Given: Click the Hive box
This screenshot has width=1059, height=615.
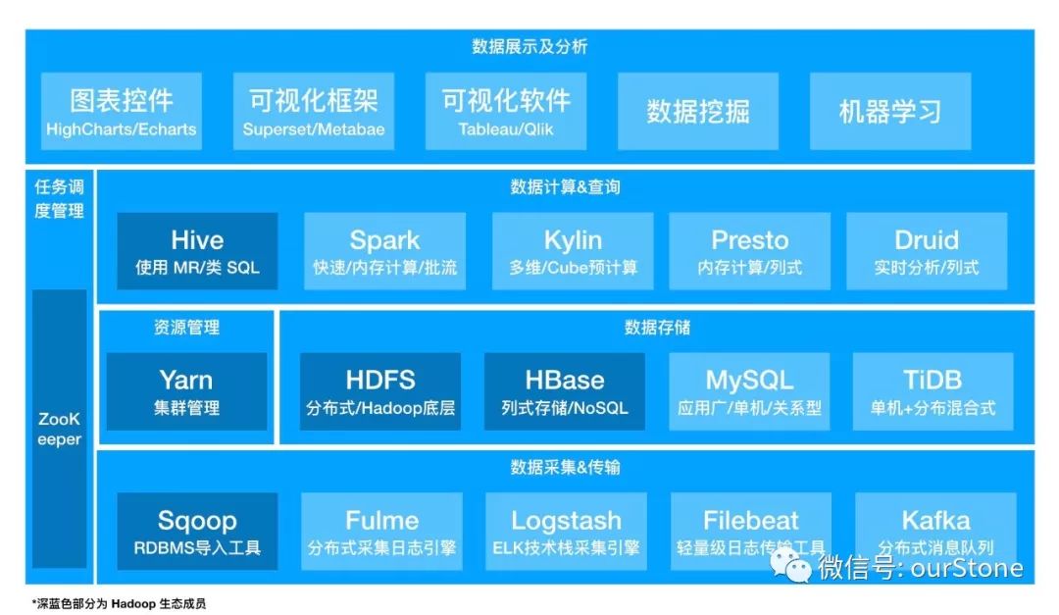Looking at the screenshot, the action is pos(197,251).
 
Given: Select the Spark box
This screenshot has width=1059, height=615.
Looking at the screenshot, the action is pos(385,251).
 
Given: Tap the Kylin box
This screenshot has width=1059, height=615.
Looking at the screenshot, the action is pos(573,251).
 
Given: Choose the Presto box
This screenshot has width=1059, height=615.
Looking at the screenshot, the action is pos(750,251).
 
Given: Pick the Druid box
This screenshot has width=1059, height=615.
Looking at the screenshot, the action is pos(927,251).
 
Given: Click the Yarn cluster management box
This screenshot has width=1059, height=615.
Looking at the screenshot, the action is pos(186,391).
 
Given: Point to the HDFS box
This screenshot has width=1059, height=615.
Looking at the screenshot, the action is pos(380,391).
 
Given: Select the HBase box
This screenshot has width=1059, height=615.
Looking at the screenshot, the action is pos(565,391).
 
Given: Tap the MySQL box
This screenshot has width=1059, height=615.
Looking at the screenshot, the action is pos(750,391).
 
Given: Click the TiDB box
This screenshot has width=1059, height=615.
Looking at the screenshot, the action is pos(933,391).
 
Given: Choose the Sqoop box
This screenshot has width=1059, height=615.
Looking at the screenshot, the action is pos(197,532).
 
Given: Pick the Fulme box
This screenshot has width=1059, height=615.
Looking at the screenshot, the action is pos(381,532).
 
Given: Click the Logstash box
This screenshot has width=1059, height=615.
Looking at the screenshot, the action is pos(566,532).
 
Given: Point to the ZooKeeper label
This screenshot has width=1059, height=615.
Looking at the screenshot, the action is pos(60,430).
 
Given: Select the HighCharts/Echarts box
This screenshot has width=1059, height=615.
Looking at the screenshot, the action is pos(122,111).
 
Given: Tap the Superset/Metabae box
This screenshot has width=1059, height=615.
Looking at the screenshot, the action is pos(314,111).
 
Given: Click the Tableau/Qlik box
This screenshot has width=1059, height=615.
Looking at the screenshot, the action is pos(506,111).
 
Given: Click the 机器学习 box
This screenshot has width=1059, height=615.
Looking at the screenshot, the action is pos(890,111).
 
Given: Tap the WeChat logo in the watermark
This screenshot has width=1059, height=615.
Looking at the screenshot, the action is pos(791,565).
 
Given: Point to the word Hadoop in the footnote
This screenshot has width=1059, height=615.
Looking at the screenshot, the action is pos(133,603).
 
